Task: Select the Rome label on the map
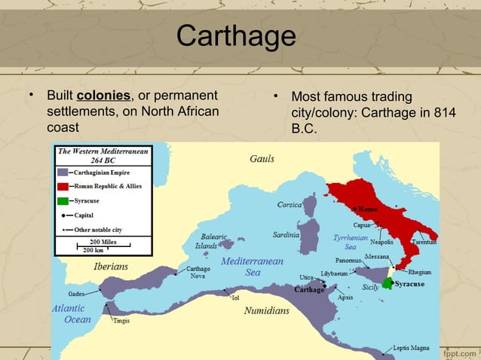(367, 209)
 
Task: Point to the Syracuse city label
(409, 284)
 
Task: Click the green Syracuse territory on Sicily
(388, 284)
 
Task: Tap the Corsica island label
(290, 204)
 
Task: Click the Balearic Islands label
(210, 241)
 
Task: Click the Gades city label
(75, 292)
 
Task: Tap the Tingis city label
(121, 321)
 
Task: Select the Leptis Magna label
(411, 348)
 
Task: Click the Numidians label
(266, 310)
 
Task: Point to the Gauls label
(262, 159)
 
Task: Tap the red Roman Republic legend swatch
(63, 186)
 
